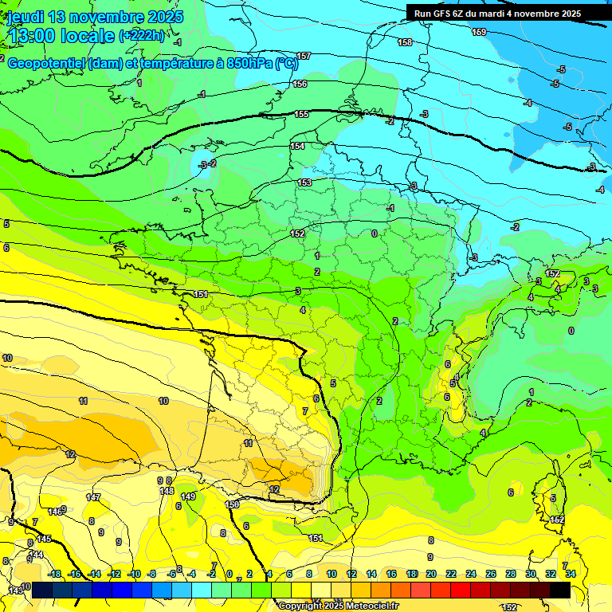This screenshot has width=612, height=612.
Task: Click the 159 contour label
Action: [479, 32]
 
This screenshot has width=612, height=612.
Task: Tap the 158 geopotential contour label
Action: [405, 42]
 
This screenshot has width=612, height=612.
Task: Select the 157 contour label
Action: [303, 56]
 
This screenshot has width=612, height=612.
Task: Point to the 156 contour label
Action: [300, 84]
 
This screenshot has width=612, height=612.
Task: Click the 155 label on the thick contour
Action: [301, 114]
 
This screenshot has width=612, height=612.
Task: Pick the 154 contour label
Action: [297, 146]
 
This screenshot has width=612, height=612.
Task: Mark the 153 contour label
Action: [304, 182]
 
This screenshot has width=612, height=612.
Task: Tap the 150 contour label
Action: [233, 504]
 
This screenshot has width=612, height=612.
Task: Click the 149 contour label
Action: [188, 496]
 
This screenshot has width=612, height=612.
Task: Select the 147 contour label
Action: [93, 497]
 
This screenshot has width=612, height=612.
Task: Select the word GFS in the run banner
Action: [447, 14]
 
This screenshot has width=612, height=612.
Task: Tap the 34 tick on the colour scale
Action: [570, 574]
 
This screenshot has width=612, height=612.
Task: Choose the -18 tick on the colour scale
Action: [54, 574]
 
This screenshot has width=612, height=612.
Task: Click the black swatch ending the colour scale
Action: [560, 590]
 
